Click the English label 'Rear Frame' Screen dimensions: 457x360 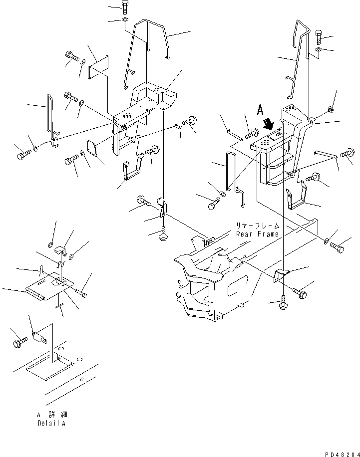click(258, 234)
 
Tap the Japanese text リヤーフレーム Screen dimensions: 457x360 click(258, 226)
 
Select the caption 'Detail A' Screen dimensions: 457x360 click(51, 423)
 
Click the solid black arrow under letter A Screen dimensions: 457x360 click(269, 123)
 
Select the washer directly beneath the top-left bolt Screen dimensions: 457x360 click(124, 20)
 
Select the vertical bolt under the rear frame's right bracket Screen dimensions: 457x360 click(284, 302)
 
